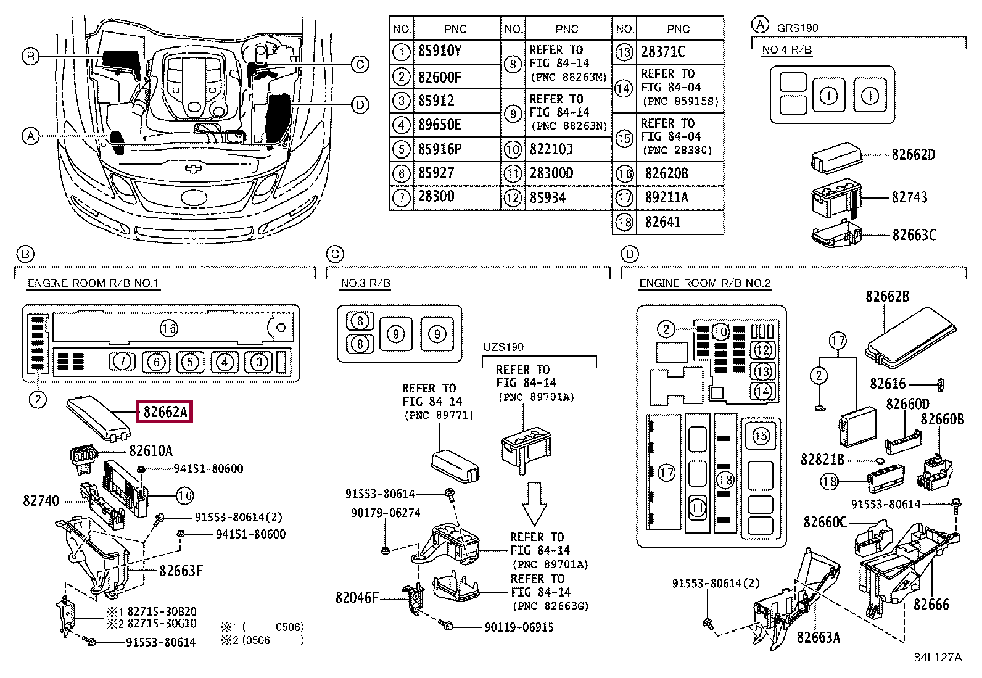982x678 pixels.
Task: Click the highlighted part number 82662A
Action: click(x=165, y=412)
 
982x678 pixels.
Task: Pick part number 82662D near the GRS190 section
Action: click(x=914, y=155)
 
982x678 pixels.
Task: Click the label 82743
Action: click(x=910, y=197)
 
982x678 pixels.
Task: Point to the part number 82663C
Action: click(x=915, y=235)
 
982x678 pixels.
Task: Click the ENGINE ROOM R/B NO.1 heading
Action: click(x=93, y=283)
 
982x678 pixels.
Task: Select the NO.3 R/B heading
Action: click(x=366, y=283)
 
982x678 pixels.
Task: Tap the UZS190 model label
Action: click(x=503, y=347)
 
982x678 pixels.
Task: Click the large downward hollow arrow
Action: click(x=534, y=503)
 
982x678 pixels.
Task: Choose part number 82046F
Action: click(x=357, y=598)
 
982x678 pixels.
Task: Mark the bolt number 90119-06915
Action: click(x=519, y=627)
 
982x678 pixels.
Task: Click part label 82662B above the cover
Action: click(x=887, y=297)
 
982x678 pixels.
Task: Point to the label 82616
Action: click(x=888, y=384)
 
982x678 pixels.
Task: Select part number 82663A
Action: click(x=819, y=637)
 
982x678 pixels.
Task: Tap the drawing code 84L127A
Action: click(x=938, y=658)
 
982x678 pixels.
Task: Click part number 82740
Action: click(x=41, y=501)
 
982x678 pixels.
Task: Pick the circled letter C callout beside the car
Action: click(x=360, y=65)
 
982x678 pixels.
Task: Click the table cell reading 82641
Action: click(x=663, y=222)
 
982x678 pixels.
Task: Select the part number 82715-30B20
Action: click(x=162, y=611)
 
